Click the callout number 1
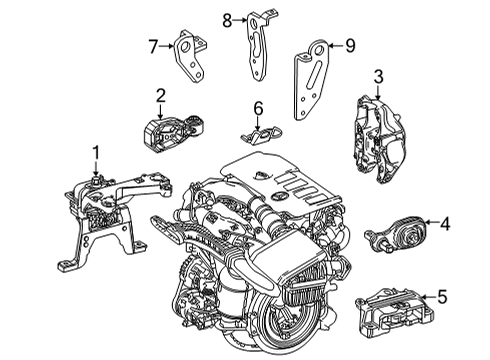96,153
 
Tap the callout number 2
160,95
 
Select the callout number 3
378,77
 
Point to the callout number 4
445,224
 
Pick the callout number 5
442,296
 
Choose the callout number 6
258,108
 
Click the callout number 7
153,46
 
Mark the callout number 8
227,21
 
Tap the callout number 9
350,45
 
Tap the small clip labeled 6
262,135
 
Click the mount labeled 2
173,133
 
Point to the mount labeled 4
395,235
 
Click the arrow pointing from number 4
431,222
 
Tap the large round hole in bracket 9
320,50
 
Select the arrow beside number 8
240,20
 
